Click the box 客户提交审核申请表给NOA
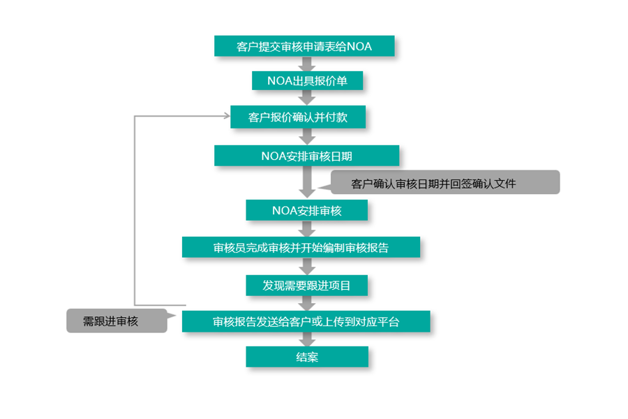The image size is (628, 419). tap(305, 46)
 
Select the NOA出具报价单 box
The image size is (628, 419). tap(307, 81)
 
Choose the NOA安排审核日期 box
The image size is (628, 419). tap(306, 155)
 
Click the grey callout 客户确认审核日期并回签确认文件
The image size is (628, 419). tap(444, 183)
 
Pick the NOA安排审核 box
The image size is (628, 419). tap(306, 210)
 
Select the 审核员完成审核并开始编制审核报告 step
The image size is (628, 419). tap(301, 247)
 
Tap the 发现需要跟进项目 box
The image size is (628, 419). tap(306, 285)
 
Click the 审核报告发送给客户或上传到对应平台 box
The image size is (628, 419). tap(306, 321)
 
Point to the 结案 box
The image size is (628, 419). tap(306, 357)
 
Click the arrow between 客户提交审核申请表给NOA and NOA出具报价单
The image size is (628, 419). tap(307, 64)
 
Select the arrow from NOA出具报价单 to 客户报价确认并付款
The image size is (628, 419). tap(307, 98)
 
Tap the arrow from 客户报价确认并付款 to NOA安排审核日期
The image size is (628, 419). tap(307, 136)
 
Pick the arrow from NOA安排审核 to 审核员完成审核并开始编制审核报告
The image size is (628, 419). tap(307, 228)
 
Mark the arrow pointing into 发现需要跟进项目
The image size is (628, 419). tap(307, 266)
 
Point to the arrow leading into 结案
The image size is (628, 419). tap(307, 339)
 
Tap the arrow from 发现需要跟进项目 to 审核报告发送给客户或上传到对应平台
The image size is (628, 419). tap(307, 303)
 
